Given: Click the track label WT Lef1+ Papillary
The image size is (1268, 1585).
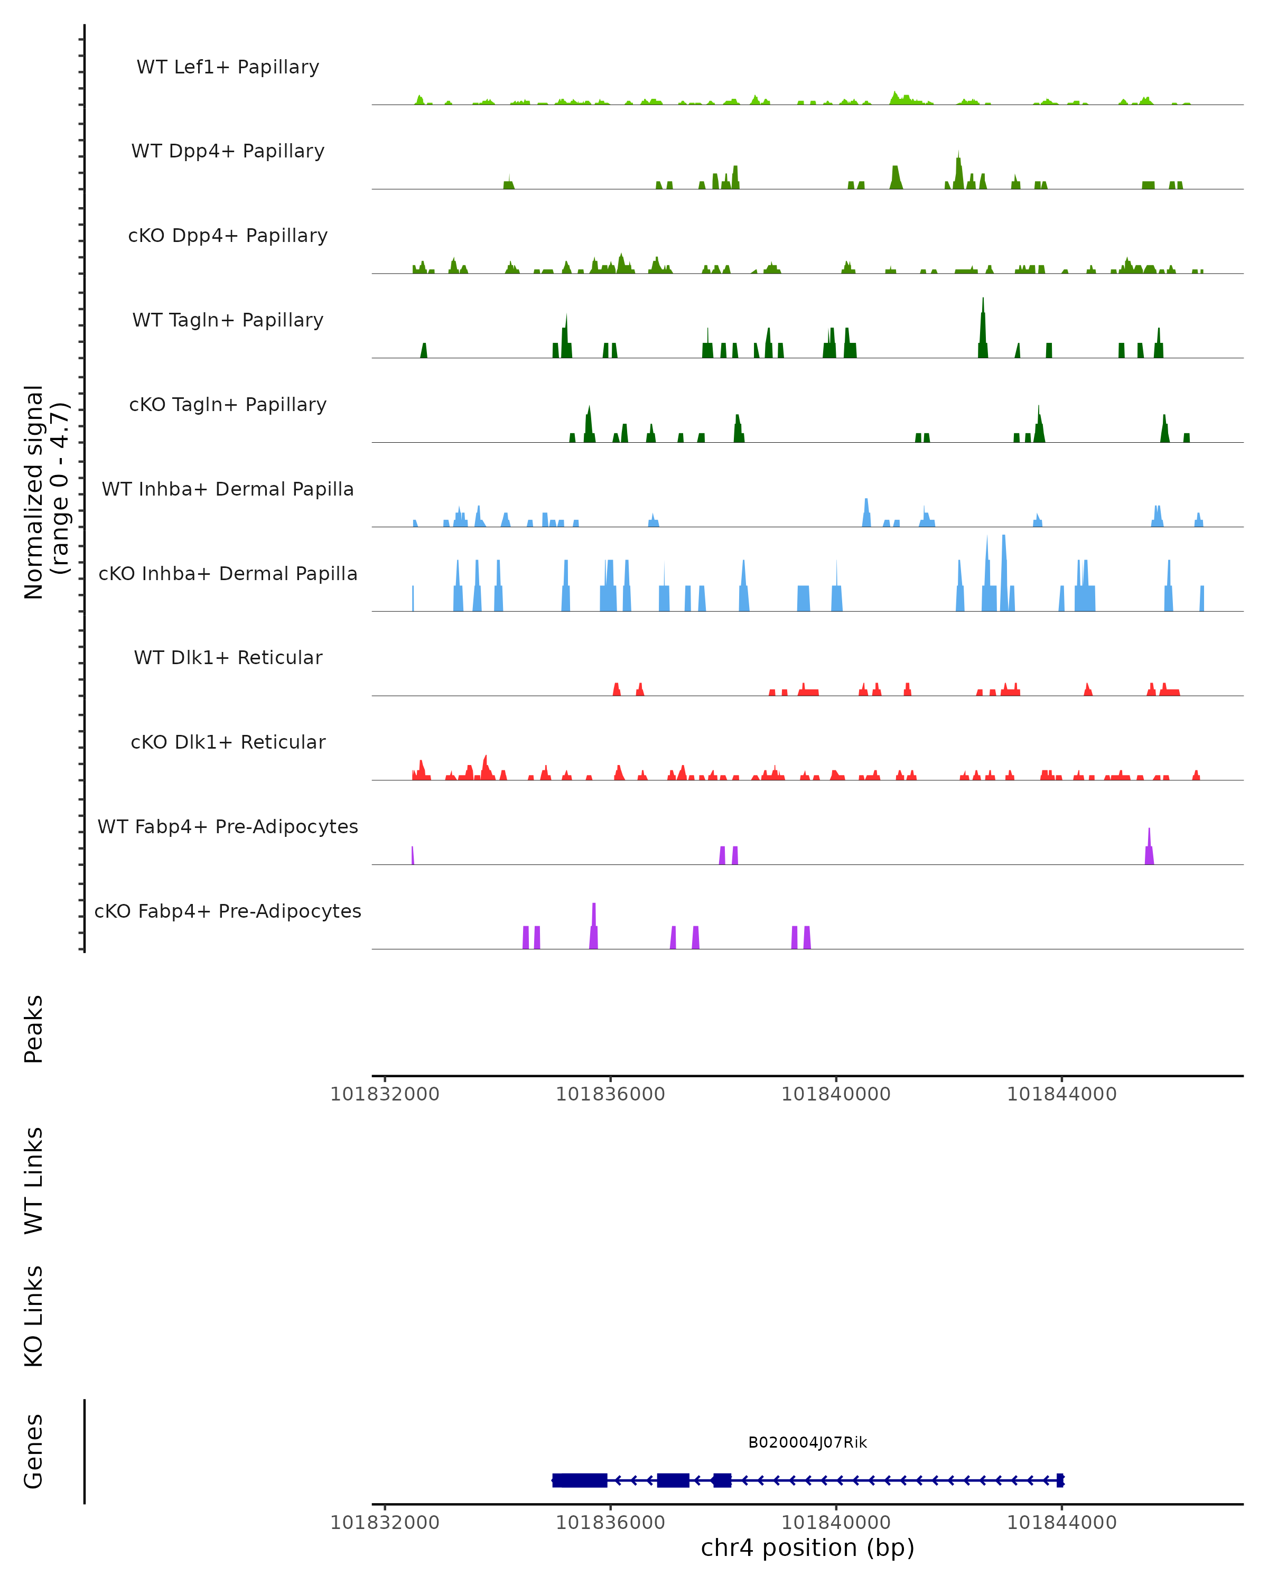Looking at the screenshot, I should point(228,67).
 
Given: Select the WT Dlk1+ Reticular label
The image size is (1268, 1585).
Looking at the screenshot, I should point(228,657).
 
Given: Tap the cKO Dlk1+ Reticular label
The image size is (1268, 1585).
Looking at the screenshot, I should point(228,742).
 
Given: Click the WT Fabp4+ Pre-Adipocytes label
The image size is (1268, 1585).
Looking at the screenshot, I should point(228,826).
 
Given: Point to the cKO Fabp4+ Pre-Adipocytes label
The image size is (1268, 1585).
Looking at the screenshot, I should point(228,911).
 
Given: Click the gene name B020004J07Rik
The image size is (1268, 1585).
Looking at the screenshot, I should point(807,1442).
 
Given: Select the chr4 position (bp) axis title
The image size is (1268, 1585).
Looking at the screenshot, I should point(807,1547).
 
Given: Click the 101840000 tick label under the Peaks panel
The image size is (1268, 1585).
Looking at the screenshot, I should point(836,1094).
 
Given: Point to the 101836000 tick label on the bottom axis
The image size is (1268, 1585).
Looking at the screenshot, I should point(610,1523).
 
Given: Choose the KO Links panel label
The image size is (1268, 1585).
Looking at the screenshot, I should point(34,1316).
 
